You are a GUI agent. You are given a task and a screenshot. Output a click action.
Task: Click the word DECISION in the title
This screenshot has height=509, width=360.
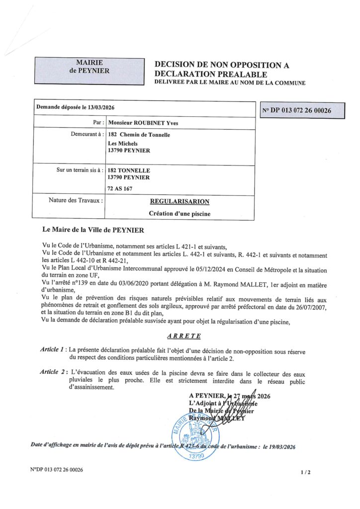tap(178, 65)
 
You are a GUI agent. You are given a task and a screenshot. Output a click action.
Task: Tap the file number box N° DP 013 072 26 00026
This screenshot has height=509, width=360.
tap(303, 111)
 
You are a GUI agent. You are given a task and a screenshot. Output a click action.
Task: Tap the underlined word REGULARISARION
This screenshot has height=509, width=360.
tap(180, 201)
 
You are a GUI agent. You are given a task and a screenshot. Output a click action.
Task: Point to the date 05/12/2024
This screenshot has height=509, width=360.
tap(210, 268)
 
